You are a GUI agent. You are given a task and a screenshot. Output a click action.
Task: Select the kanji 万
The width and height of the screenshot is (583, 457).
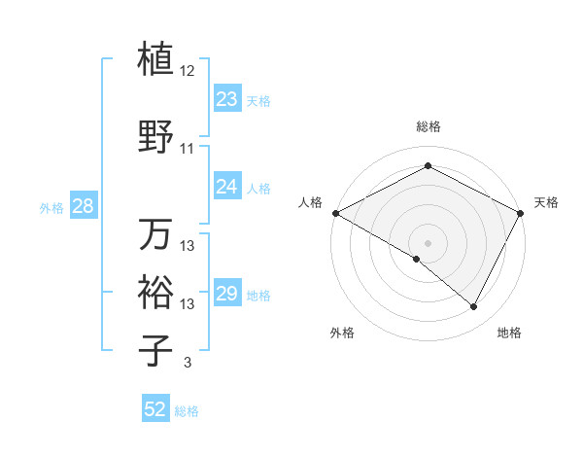pos(156,233)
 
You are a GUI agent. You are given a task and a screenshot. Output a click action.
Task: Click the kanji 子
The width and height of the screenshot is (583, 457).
pos(156,349)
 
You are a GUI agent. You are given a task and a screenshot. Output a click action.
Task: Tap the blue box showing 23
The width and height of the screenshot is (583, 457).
pos(227,99)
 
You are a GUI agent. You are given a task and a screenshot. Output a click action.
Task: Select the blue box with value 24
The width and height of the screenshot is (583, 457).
pos(227,187)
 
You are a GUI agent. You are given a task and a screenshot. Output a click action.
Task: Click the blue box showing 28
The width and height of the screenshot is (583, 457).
pos(83,206)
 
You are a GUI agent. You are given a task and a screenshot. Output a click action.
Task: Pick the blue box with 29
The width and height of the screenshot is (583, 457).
pos(227,294)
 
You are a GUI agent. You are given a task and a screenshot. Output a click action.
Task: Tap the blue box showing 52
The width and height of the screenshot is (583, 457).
pos(155,409)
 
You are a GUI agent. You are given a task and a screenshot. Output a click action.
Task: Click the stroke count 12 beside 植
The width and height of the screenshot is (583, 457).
pos(188,72)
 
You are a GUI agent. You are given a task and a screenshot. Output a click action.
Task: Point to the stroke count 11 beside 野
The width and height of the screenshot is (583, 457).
pos(188,149)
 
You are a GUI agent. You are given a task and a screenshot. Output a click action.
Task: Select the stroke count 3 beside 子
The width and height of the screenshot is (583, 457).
pos(188,363)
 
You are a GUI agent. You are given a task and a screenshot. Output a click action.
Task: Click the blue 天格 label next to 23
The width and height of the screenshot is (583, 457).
pos(258,101)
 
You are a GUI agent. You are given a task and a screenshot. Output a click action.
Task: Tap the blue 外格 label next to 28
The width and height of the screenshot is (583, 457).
pos(51,207)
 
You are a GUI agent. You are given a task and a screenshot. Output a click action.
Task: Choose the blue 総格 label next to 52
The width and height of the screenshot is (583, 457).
pos(187,411)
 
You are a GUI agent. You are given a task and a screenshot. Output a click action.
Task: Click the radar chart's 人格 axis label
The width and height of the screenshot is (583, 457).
pos(310,202)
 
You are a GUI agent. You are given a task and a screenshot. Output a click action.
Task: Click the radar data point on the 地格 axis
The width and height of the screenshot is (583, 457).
pos(474,306)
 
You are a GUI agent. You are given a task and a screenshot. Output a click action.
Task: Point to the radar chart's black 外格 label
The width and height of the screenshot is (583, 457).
pos(342,333)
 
